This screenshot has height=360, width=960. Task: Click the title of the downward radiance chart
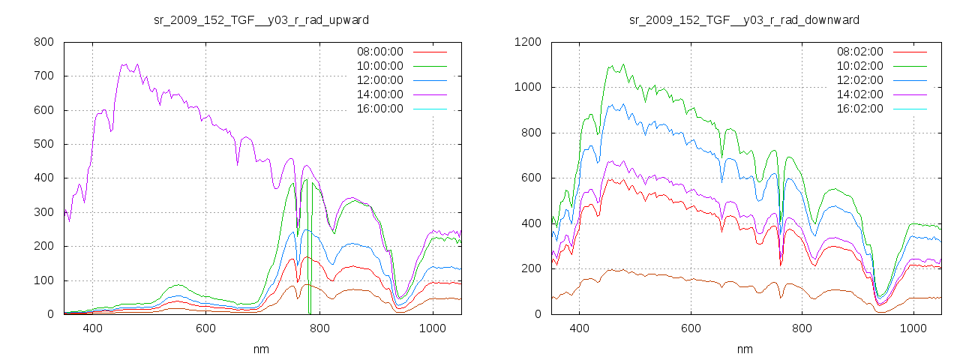pyautogui.click(x=744, y=19)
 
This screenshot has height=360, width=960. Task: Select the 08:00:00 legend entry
pyautogui.click(x=379, y=52)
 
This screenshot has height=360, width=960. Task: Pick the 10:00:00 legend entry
pyautogui.click(x=379, y=66)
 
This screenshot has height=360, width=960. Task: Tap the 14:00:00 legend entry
pyautogui.click(x=379, y=94)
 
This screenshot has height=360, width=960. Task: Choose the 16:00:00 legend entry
pyautogui.click(x=379, y=109)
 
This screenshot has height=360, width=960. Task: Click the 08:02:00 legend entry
pyautogui.click(x=859, y=52)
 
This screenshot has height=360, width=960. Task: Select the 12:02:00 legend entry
pyautogui.click(x=859, y=80)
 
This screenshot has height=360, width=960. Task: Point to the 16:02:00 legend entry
pyautogui.click(x=859, y=109)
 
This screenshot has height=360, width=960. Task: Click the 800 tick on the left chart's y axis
pyautogui.click(x=43, y=42)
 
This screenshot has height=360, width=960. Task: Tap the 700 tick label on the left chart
pyautogui.click(x=43, y=76)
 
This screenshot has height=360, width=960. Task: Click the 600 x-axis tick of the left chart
pyautogui.click(x=205, y=328)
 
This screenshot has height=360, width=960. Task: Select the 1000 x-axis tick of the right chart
pyautogui.click(x=913, y=328)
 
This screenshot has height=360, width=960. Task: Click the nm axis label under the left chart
pyautogui.click(x=261, y=349)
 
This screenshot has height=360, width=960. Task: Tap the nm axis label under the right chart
pyautogui.click(x=744, y=349)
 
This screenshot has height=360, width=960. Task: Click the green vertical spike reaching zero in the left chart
pyautogui.click(x=310, y=300)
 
